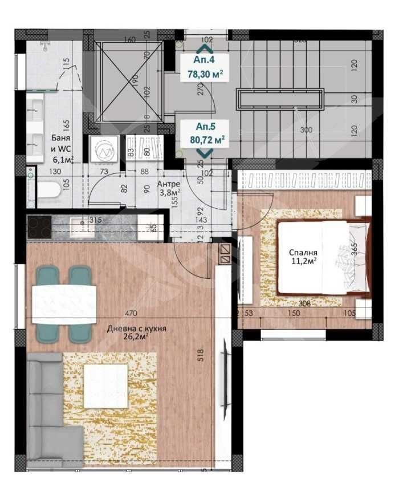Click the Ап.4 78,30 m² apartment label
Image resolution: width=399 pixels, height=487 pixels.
(205, 66)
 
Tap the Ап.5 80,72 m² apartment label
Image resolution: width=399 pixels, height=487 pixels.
(205, 133)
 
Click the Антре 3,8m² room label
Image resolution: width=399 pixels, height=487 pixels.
(169, 188)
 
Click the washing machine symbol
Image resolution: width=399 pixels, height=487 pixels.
(104, 151)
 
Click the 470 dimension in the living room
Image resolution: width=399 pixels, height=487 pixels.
(132, 313)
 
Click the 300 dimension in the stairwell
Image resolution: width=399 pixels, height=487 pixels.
(306, 130)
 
